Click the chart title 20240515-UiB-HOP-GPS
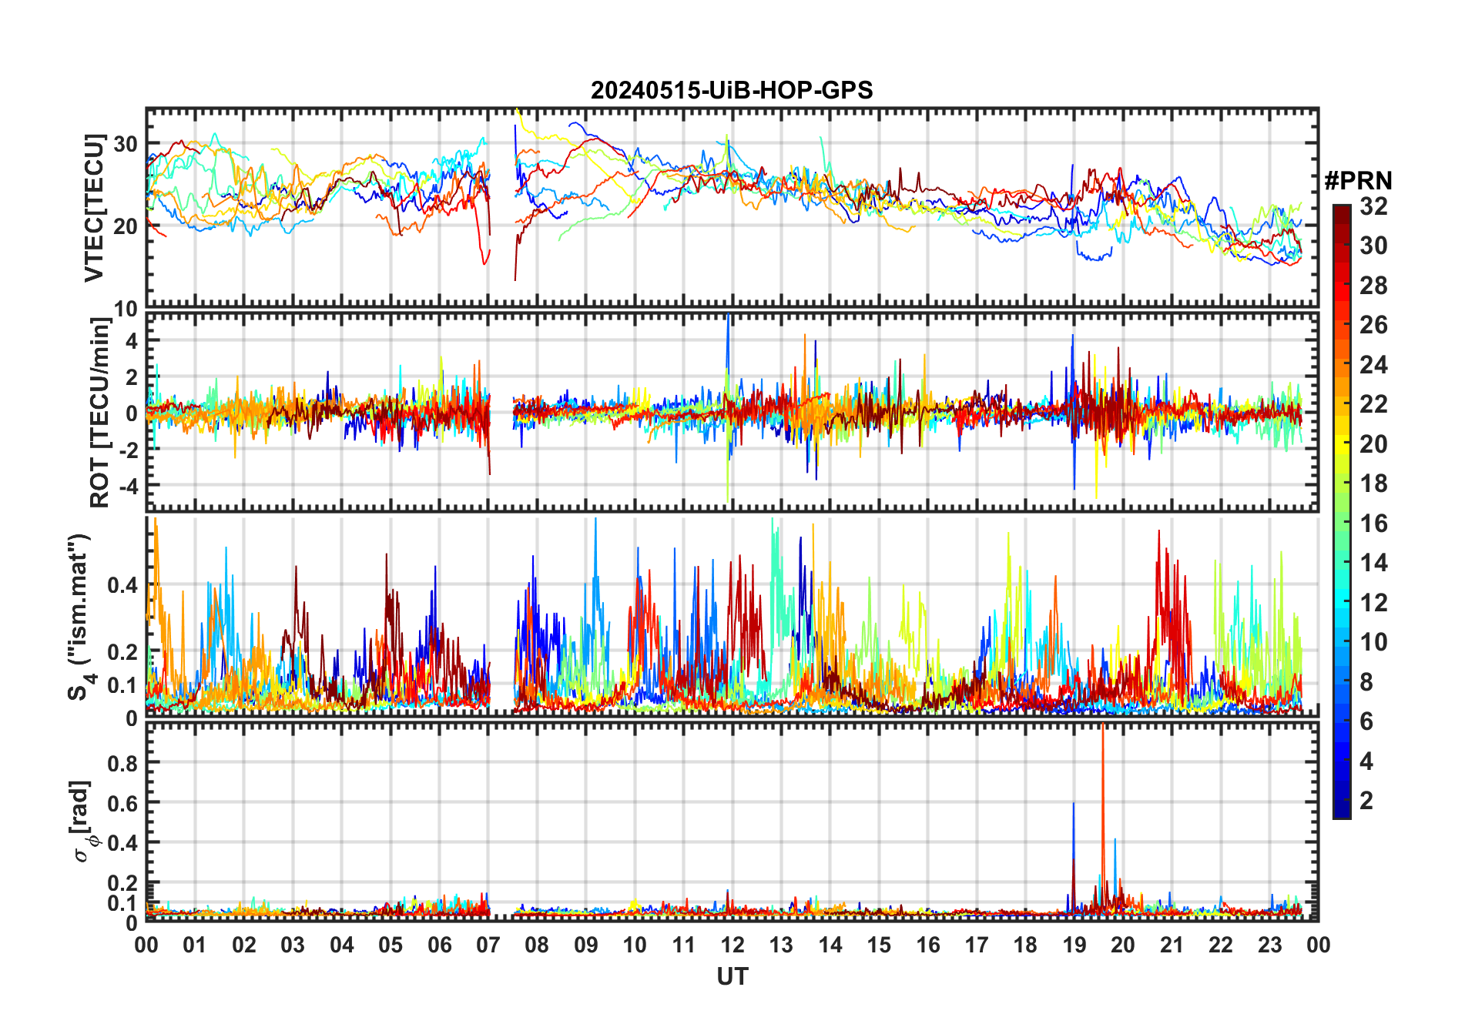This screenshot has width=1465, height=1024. click(732, 91)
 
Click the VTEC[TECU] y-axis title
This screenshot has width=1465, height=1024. click(94, 208)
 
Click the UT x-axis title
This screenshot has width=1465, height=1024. click(732, 977)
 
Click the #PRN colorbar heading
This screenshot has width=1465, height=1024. click(1358, 181)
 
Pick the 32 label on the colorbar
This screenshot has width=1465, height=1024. click(1373, 206)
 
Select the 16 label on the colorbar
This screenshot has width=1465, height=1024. click(1373, 524)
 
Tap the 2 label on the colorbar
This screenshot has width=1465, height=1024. click(1366, 801)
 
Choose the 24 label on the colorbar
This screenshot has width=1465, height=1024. click(1373, 365)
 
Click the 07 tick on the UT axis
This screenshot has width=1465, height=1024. click(488, 945)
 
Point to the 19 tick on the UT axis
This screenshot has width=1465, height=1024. click(1074, 945)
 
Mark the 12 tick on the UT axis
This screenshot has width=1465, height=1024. click(732, 945)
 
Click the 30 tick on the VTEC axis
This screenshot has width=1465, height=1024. click(126, 144)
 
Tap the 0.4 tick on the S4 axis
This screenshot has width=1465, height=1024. click(122, 586)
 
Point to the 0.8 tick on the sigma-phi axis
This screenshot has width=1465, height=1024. click(122, 763)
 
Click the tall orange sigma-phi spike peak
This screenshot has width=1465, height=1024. click(1103, 726)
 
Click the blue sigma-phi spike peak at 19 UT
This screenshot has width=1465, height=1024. click(1074, 804)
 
